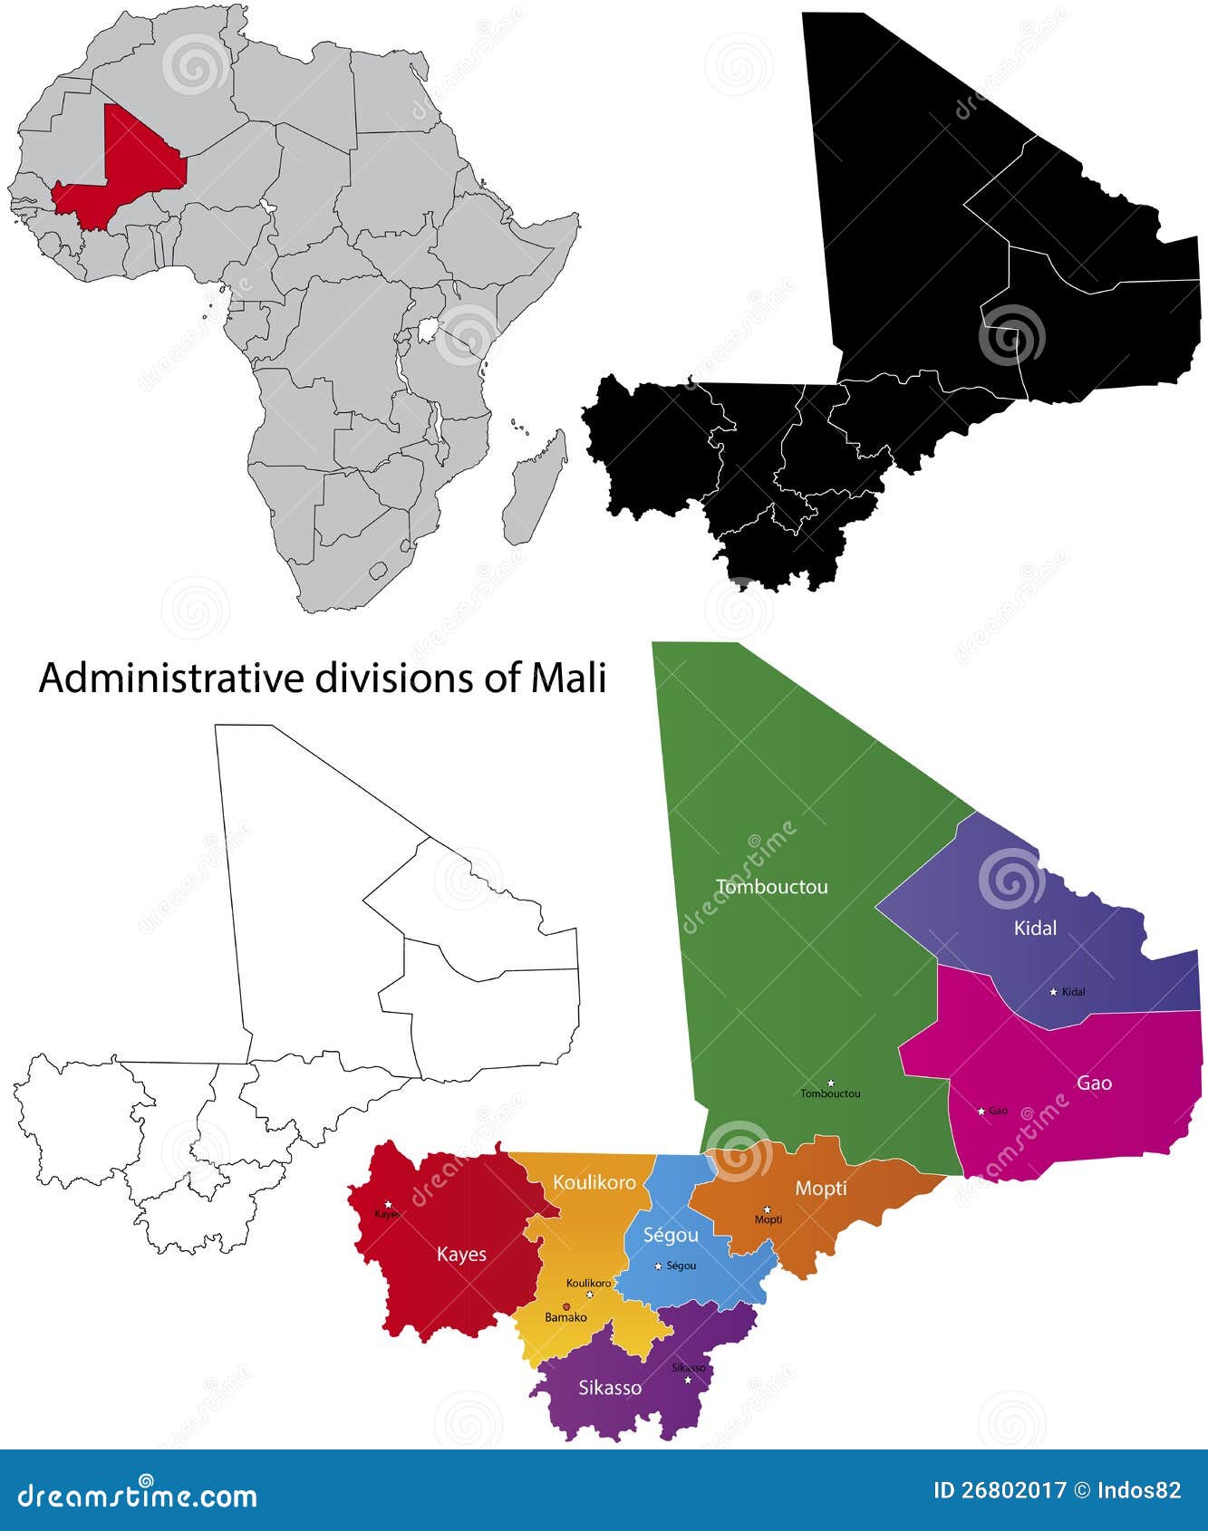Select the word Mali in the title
click(x=568, y=678)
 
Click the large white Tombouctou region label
click(x=771, y=887)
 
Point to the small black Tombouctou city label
click(x=830, y=1093)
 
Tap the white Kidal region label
click(x=1035, y=928)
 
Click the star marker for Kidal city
click(x=1053, y=992)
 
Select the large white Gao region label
click(x=1094, y=1083)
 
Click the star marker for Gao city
click(x=981, y=1111)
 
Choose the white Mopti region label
click(x=821, y=1188)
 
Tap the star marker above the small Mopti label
click(x=767, y=1209)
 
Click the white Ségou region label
click(x=671, y=1235)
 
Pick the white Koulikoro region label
click(x=594, y=1182)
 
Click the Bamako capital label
click(x=565, y=1317)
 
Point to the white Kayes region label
click(x=461, y=1254)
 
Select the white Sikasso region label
click(x=610, y=1387)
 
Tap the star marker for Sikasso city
click(x=688, y=1380)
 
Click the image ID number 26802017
click(x=1013, y=1490)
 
